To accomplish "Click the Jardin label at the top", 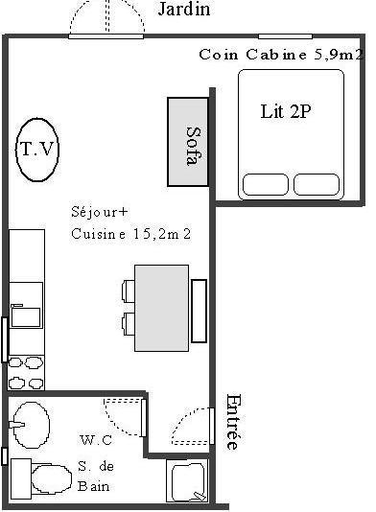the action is [x=184, y=10].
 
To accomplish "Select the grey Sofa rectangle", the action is [x=188, y=142].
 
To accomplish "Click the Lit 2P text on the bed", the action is [x=286, y=111].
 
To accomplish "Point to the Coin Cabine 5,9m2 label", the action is [x=281, y=55].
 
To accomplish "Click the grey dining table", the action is [x=162, y=308].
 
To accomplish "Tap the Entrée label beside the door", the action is [x=234, y=422].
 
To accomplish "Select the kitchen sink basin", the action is [x=26, y=316].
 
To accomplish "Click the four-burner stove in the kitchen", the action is [x=26, y=373].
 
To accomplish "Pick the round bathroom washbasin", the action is [x=32, y=425].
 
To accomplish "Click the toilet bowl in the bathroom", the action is [x=51, y=479].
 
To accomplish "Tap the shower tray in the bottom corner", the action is [x=187, y=480].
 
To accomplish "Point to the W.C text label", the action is [x=96, y=440].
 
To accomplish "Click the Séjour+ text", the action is [x=99, y=212].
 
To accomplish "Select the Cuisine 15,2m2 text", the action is [x=130, y=234].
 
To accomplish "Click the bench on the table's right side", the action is [x=199, y=311].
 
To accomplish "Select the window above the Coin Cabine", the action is [x=285, y=36].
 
